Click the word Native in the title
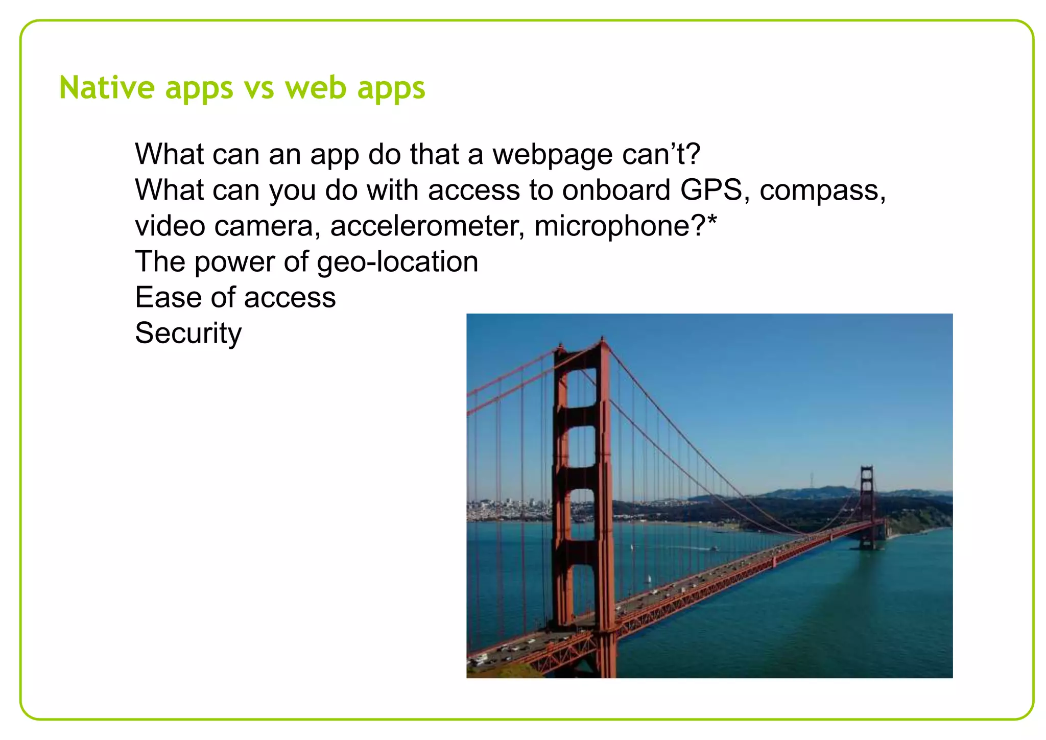pos(107,87)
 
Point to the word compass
pos(822,191)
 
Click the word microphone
pos(612,226)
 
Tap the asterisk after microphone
pos(712,220)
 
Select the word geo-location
pos(397,262)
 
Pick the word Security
pos(188,333)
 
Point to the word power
pos(234,262)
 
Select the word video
pos(170,226)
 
